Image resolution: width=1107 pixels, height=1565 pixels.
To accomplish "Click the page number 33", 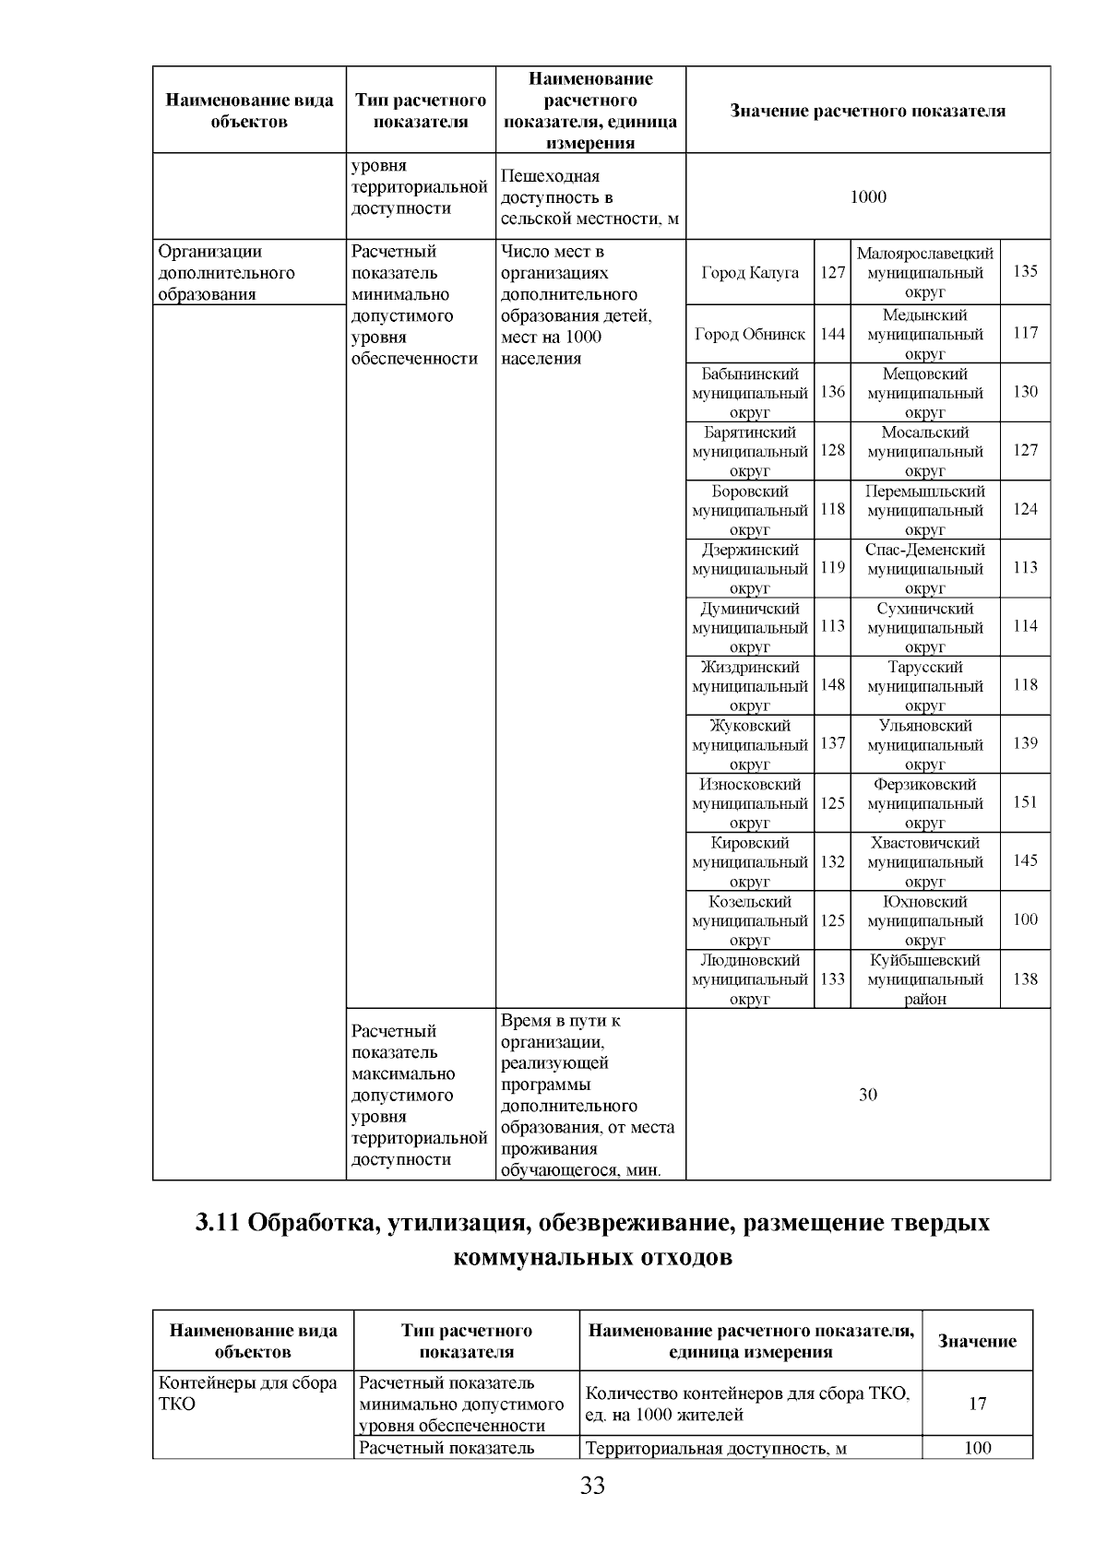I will [592, 1486].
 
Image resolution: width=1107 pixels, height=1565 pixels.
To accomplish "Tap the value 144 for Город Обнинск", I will [832, 334].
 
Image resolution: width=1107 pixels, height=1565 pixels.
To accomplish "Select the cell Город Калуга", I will [750, 272].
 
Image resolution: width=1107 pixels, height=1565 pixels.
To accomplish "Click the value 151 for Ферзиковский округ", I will [1025, 802].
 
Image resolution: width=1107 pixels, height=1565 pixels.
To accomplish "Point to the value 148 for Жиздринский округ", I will [832, 685].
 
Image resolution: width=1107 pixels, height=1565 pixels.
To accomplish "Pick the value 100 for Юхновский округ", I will [1025, 919].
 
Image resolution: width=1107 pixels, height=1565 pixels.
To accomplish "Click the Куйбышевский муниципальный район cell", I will [924, 979].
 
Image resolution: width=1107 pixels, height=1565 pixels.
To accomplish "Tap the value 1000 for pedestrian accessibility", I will [867, 197].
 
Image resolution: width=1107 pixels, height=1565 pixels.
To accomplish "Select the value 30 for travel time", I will [867, 1095].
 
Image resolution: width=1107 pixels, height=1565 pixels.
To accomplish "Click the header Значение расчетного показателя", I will [867, 111].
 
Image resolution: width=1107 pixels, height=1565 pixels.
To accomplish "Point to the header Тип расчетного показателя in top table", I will [421, 111].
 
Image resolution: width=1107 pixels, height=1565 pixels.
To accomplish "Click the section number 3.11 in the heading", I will [218, 1223].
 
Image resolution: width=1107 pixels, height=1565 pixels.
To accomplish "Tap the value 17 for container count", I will [977, 1404].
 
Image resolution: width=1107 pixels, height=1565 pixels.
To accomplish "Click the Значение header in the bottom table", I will [977, 1342].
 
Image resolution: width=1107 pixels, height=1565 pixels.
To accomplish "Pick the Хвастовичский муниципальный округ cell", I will [924, 861].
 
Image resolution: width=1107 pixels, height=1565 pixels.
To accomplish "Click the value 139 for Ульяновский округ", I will [1025, 743].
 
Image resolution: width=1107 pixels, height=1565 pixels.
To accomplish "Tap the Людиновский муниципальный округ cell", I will [750, 979].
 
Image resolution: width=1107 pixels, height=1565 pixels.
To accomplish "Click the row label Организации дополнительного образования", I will [226, 273].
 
